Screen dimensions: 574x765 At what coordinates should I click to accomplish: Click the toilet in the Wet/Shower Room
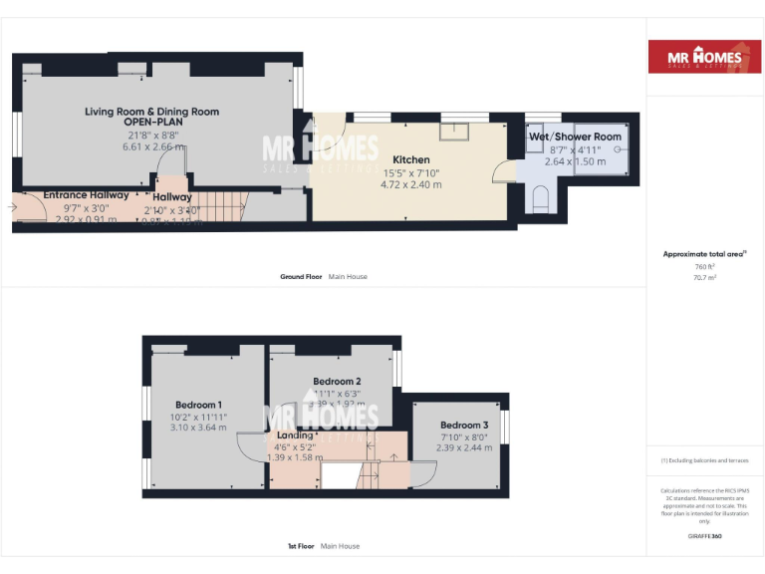pos(540,203)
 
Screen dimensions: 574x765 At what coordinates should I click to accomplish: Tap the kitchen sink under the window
pos(460,130)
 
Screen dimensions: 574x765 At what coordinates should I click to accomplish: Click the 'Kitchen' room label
pos(410,159)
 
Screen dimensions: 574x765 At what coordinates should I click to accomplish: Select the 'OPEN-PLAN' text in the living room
pos(151,124)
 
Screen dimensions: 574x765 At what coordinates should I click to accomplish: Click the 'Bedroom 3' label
pos(465,425)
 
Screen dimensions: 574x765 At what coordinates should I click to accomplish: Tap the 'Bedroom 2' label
pos(337,382)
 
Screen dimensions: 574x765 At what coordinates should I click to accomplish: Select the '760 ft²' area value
pos(704,267)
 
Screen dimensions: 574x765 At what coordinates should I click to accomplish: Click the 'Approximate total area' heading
pos(703,254)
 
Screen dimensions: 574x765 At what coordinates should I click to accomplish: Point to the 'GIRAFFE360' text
pos(703,536)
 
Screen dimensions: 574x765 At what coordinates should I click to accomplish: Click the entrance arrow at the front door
pos(13,207)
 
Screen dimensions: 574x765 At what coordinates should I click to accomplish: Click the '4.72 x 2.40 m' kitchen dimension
pos(410,184)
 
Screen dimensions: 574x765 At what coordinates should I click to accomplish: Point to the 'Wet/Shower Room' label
pos(575,137)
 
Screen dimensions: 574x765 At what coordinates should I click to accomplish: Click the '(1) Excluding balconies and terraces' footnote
pos(704,460)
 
